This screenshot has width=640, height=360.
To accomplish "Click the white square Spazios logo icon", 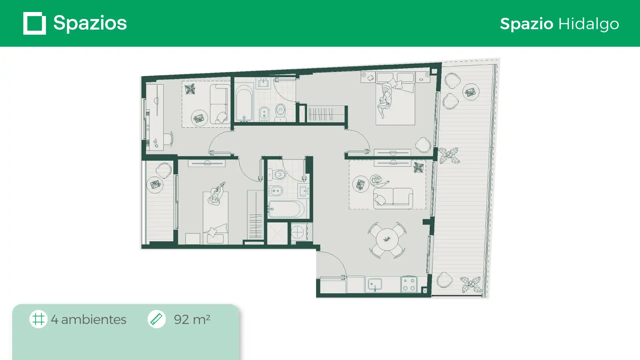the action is tap(35, 23).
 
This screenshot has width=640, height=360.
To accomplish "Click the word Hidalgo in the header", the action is tap(588, 24).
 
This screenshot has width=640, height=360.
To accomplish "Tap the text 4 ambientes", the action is tap(89, 319).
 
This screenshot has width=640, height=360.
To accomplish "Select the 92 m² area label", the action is tap(192, 319).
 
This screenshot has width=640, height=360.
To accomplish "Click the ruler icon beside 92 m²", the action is tap(156, 319).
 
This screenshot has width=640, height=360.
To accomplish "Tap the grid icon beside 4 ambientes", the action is tap(38, 319).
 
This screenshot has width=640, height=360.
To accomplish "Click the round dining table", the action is tap(387, 240).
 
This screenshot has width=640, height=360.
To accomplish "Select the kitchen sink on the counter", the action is tap(375, 285).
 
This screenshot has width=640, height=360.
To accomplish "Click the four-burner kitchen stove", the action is tap(409, 284).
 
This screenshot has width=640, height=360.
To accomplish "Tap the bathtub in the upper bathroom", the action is tap(244, 102).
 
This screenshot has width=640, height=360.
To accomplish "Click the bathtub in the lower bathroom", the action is tap(286, 209).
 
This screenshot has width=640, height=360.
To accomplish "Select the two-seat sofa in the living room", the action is tap(393, 198).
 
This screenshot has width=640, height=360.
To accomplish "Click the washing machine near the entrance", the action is tap(298, 232).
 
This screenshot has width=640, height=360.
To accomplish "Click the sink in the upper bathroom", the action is tap(263, 83).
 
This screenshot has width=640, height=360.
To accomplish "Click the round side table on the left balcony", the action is tap(155, 185).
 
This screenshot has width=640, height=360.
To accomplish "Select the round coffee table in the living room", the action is tap(361, 184).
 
